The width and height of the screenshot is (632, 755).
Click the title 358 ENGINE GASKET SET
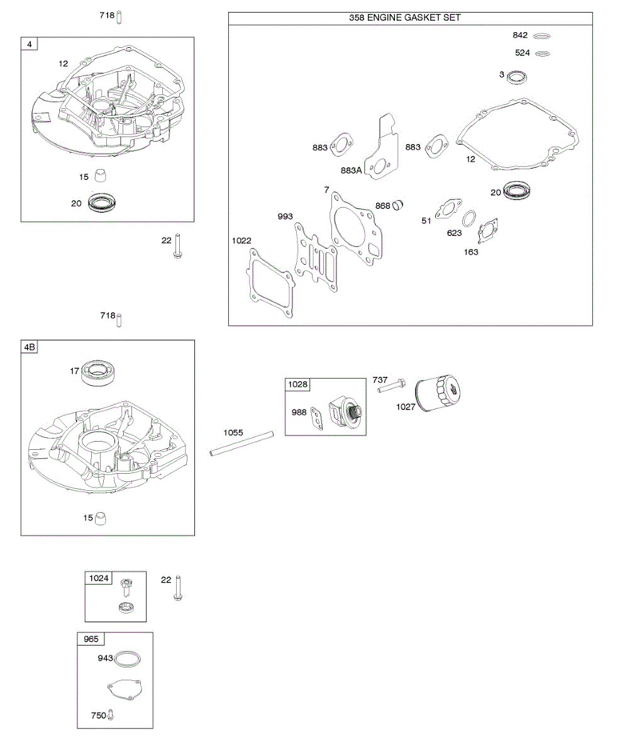tap(404, 18)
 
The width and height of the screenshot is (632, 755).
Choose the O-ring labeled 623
tap(469, 220)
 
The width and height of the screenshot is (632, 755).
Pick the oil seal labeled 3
tap(518, 77)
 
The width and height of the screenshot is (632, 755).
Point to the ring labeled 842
tap(541, 36)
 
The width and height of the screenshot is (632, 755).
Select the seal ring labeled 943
tap(128, 658)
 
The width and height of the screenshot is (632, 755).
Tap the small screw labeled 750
tap(111, 715)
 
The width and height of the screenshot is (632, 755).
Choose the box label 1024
tap(99, 578)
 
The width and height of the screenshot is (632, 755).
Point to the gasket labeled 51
tap(448, 210)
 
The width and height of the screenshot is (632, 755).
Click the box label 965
tap(91, 639)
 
